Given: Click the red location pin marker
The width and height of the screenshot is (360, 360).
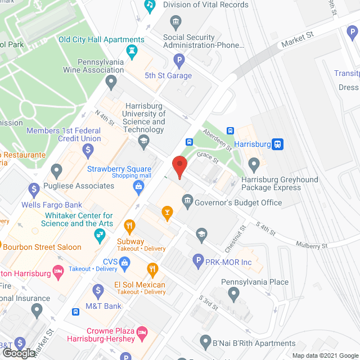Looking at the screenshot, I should pos(179,167).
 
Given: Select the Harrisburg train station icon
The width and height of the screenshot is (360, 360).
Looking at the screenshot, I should pos(277,144).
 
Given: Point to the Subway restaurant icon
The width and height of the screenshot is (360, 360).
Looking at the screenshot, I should pos(130,227).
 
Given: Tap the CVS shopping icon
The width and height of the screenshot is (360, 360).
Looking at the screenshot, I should pos(125,262).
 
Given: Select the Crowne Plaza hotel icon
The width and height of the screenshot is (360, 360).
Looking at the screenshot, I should pos(142,334).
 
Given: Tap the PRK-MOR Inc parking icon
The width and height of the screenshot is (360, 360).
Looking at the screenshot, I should pos(198,261).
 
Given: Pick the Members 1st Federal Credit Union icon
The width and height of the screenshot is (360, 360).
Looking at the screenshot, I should pos(88,150).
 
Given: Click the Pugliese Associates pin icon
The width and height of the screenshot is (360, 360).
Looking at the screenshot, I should pos(56,170).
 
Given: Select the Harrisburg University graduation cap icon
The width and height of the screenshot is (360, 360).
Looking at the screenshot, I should pos(143,141).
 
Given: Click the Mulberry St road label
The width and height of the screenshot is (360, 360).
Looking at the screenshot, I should pos(312,246).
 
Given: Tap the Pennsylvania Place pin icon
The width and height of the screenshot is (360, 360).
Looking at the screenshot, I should pos(235,294).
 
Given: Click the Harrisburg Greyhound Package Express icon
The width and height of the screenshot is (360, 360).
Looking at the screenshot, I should pos(254,165).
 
